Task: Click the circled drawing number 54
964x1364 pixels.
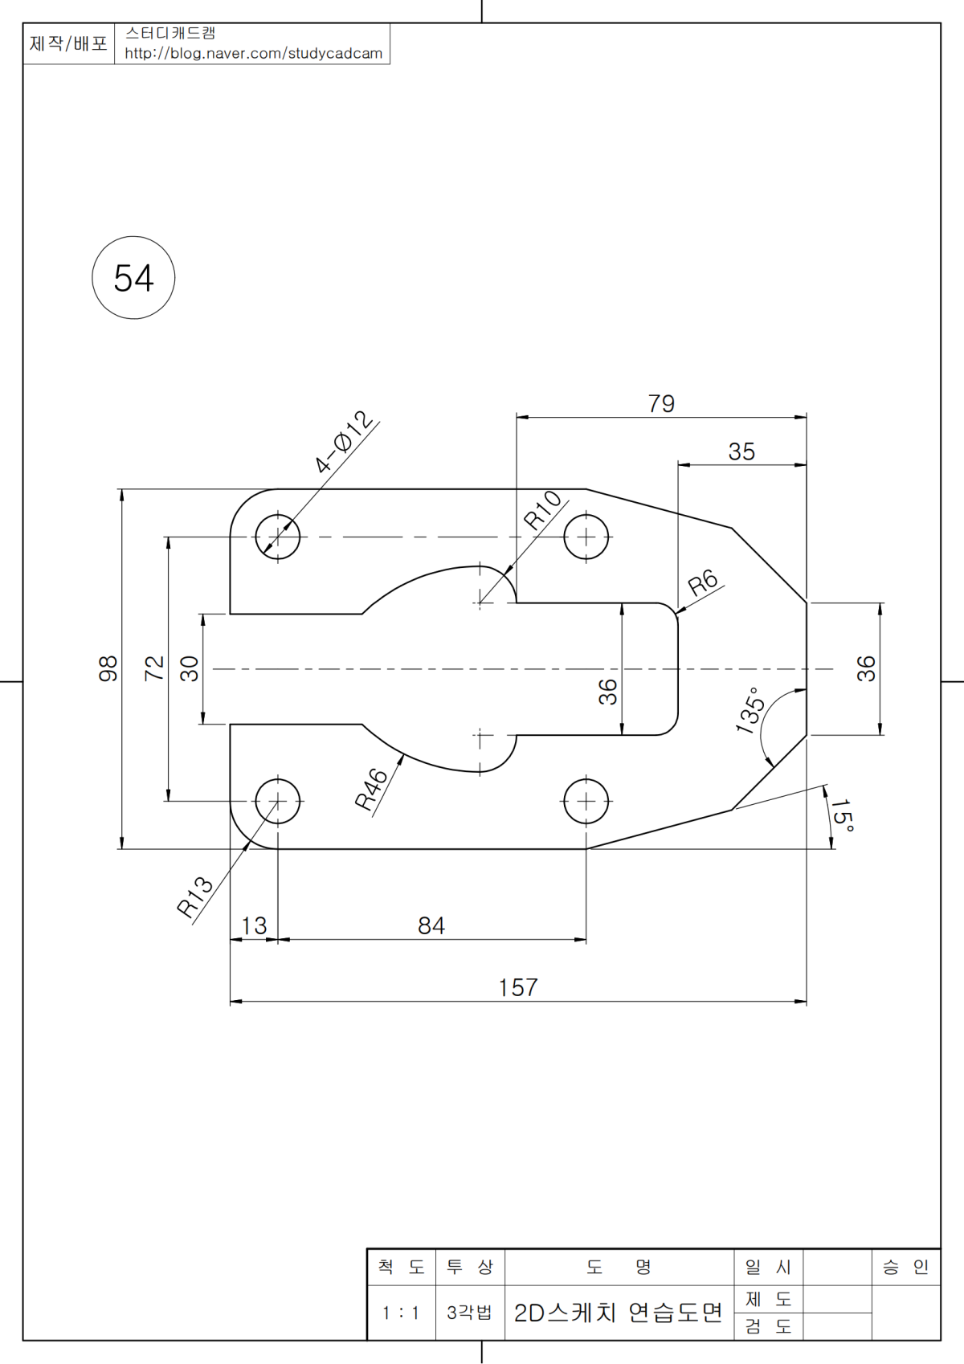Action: pos(133,278)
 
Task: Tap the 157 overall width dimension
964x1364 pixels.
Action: pos(518,987)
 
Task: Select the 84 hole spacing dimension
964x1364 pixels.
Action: pos(431,925)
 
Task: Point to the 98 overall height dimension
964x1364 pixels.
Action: pos(108,668)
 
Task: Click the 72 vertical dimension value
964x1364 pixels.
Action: pos(154,668)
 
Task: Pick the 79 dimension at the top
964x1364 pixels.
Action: pos(661,403)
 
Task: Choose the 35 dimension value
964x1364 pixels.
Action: pos(741,451)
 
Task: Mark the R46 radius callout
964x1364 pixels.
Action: pos(372,789)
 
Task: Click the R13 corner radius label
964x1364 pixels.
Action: pos(194,896)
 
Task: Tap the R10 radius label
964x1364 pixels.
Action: pos(543,509)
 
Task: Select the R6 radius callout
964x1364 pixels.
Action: pos(702,582)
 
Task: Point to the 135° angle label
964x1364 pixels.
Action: pos(750,710)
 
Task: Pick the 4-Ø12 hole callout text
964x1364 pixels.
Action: pos(344,443)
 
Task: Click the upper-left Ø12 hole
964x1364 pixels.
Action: pos(278,537)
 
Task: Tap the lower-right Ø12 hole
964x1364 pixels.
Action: pos(586,801)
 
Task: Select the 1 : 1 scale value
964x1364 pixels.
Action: pos(401,1313)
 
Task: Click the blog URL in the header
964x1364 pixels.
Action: pos(253,54)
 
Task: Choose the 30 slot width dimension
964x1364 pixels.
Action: pos(190,668)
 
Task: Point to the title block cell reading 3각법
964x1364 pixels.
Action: pos(470,1313)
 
